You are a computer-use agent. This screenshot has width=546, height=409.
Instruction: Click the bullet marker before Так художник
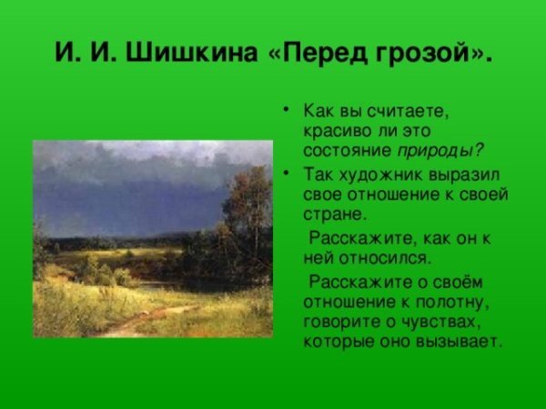point(287,173)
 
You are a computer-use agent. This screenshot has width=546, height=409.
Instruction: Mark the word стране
point(330,215)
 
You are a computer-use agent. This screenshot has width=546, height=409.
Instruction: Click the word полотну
point(449,301)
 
